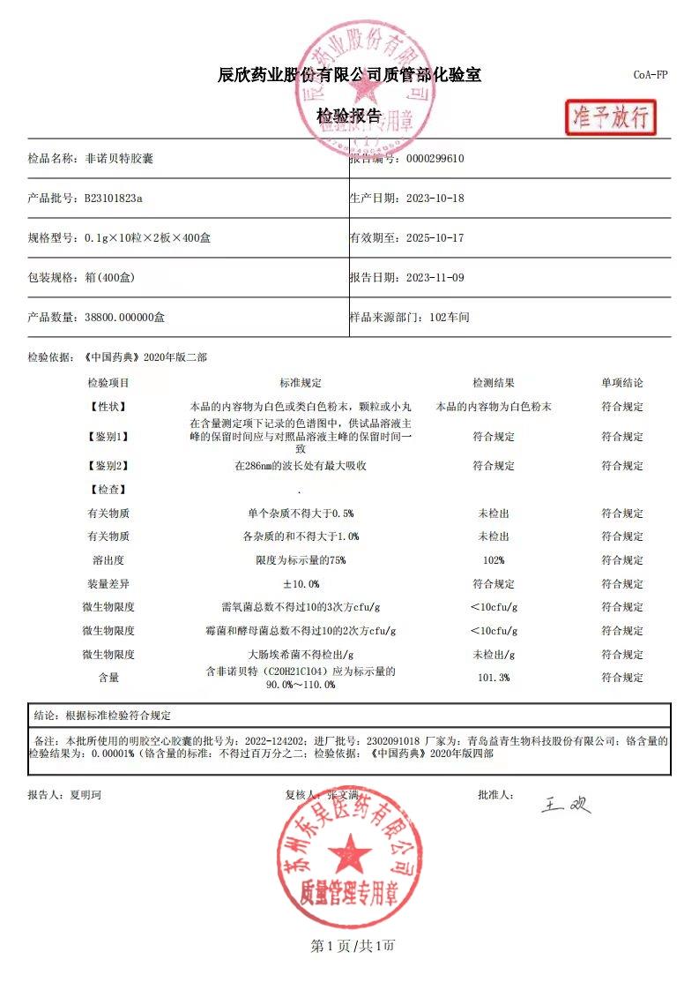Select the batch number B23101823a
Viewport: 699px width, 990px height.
coord(114,199)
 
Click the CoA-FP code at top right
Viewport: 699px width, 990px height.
coord(651,75)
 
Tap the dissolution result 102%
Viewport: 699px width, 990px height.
coord(494,560)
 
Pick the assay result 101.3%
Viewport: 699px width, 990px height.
coord(494,678)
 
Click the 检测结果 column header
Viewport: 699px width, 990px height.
coord(494,383)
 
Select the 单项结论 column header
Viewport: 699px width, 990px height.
coord(622,383)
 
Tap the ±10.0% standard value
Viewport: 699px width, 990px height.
coord(301,584)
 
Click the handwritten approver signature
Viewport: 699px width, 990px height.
coord(565,804)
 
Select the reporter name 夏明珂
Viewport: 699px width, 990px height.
coord(86,795)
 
